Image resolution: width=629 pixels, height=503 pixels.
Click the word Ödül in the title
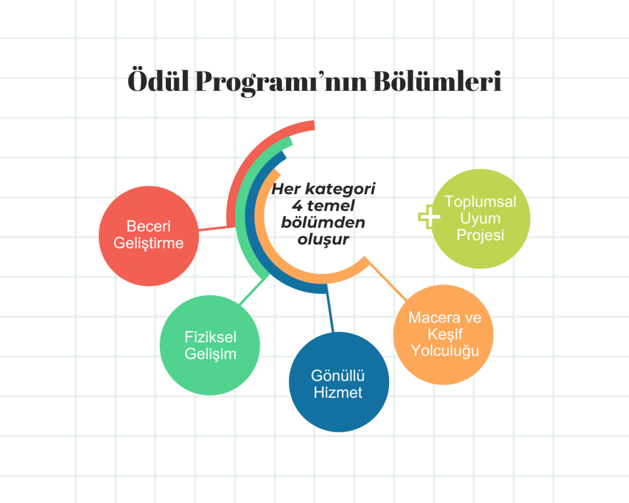pyautogui.click(x=158, y=81)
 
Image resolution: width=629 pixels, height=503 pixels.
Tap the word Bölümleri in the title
pyautogui.click(x=437, y=81)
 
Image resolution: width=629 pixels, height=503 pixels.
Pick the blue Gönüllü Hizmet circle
pyautogui.click(x=338, y=411)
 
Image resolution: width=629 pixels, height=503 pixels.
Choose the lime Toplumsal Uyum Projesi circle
pyautogui.click(x=480, y=254)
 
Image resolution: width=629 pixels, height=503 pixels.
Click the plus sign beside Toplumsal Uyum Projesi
pyautogui.click(x=429, y=217)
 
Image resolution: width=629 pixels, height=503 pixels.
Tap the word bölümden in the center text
pyautogui.click(x=323, y=222)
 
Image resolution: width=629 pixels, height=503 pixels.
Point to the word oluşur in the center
pyautogui.click(x=323, y=239)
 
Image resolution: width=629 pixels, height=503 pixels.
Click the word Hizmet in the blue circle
pyautogui.click(x=338, y=392)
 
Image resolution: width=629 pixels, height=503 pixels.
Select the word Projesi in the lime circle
pyautogui.click(x=480, y=235)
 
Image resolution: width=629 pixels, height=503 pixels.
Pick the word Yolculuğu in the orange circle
pyautogui.click(x=445, y=351)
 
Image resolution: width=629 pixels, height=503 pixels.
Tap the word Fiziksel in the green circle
pyautogui.click(x=210, y=337)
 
